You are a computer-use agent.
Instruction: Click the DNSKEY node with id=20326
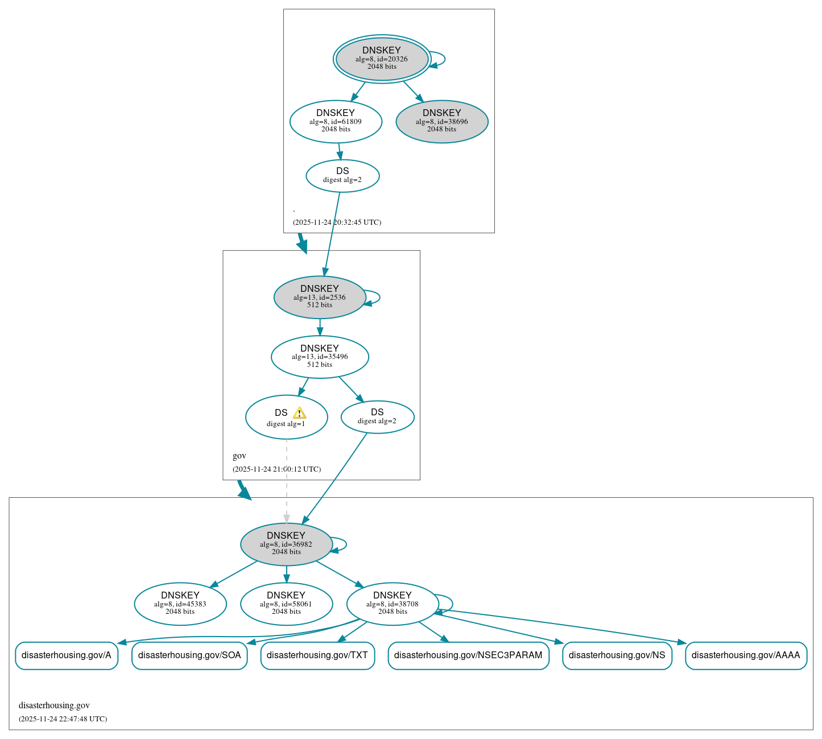382,59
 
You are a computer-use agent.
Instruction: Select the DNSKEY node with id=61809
336,121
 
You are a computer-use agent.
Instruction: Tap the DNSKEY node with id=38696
442,121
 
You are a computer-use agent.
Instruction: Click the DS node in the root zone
342,176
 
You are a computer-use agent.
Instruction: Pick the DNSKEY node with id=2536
320,297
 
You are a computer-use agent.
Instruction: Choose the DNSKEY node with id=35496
320,357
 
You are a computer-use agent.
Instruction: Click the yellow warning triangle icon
299,413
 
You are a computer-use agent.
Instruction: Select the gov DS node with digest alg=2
377,417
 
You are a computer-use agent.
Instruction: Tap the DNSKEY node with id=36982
286,544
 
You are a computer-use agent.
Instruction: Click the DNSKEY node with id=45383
180,604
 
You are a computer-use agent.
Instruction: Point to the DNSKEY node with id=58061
286,604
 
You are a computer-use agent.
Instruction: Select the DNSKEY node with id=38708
393,604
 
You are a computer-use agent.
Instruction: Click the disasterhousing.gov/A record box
67,655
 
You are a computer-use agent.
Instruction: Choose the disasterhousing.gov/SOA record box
189,655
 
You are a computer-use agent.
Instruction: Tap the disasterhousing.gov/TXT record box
317,655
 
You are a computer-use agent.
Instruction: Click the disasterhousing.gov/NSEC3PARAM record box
468,655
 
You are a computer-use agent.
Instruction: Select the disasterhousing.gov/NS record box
617,655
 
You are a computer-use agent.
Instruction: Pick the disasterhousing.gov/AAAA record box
746,655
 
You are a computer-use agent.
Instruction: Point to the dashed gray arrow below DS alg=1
287,484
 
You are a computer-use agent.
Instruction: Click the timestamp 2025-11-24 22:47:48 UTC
63,719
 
